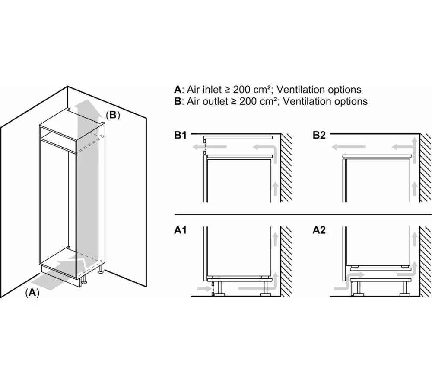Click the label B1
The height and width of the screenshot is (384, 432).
[x=181, y=135]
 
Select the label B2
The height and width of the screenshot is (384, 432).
[x=319, y=135]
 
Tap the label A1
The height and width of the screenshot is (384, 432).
[x=181, y=230]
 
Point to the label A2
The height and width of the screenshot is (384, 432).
[x=319, y=230]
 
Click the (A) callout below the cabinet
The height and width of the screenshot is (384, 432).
[x=32, y=293]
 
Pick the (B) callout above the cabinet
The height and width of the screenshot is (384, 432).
[x=113, y=115]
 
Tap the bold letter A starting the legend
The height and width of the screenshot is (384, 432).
[x=178, y=90]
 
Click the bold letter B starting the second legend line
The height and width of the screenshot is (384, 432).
[x=178, y=101]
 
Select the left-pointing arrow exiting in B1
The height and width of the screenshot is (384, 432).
[x=210, y=147]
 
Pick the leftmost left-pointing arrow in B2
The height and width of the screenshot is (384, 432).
[x=349, y=147]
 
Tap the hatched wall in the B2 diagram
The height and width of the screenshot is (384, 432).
[x=425, y=168]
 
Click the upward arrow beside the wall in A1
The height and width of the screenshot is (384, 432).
[x=275, y=239]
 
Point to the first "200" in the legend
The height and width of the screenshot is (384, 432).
[x=241, y=90]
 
